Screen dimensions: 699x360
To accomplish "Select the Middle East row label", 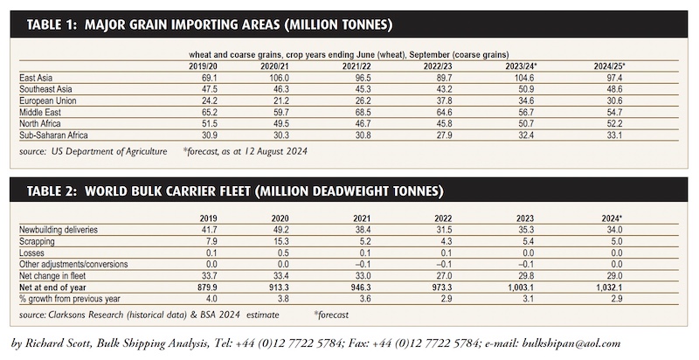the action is click(x=40, y=112).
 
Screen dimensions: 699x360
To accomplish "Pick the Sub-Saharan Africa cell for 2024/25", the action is click(x=615, y=135).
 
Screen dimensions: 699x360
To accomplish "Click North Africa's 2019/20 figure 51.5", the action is click(x=209, y=123).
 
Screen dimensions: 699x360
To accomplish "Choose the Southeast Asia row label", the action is click(x=45, y=89).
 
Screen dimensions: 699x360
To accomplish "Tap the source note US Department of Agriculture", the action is click(x=109, y=151).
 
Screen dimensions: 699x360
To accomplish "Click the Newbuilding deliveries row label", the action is click(x=59, y=230).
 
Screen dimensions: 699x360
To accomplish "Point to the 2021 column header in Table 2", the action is click(x=362, y=218).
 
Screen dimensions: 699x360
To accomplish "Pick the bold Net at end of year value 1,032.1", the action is click(x=609, y=287).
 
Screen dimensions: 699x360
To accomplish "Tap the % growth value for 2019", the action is click(x=211, y=299).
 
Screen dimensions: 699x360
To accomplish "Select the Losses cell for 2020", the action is click(x=283, y=253).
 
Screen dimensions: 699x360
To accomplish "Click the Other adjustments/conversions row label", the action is click(x=73, y=264).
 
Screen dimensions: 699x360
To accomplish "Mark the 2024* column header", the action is click(x=612, y=218).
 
